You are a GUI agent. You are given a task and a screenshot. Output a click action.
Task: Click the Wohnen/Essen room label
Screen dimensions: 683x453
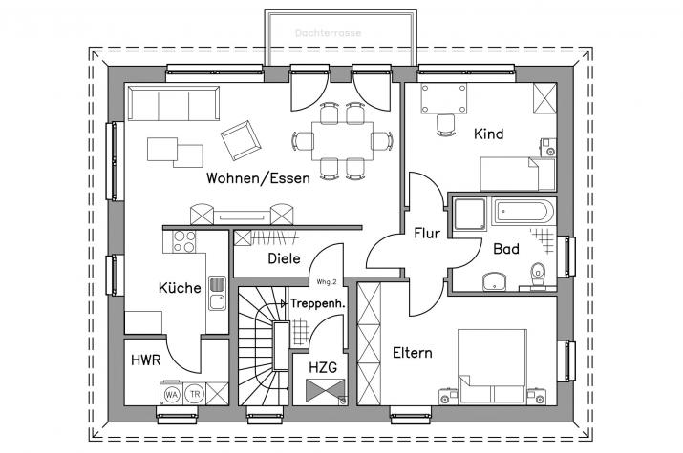(258, 178)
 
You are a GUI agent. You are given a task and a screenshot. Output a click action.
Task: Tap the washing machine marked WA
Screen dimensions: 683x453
(171, 394)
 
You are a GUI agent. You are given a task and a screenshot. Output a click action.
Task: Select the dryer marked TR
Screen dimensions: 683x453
(195, 394)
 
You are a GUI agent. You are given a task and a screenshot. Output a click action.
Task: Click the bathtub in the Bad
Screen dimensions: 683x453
(523, 212)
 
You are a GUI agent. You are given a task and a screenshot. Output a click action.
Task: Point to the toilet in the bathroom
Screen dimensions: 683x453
(539, 275)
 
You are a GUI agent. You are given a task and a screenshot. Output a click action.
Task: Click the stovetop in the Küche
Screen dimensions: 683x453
(183, 241)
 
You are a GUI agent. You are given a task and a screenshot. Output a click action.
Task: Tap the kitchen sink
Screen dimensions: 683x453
(217, 293)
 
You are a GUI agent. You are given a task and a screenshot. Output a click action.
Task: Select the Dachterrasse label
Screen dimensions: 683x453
(328, 33)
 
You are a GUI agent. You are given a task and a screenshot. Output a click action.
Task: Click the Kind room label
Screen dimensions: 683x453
(489, 134)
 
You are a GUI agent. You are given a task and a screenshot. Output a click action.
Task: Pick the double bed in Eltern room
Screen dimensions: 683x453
(492, 366)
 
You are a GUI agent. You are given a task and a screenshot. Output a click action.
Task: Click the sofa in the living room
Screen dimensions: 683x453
(173, 103)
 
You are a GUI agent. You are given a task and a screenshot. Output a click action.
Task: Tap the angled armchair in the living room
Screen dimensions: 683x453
(241, 140)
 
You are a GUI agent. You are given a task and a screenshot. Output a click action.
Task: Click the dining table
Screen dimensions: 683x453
(343, 141)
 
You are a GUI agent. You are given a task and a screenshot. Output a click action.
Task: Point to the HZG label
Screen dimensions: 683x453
(323, 368)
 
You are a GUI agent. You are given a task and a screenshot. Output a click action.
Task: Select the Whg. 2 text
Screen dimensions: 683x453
(327, 282)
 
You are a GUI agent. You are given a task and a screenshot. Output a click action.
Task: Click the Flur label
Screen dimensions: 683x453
(427, 234)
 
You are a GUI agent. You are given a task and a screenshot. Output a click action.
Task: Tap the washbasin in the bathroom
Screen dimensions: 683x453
(494, 281)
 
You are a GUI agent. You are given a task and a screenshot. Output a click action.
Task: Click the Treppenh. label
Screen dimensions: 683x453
(317, 303)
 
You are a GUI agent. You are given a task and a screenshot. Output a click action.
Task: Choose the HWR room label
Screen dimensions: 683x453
(146, 360)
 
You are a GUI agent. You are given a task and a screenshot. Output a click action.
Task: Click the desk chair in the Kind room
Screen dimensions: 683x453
(445, 125)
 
